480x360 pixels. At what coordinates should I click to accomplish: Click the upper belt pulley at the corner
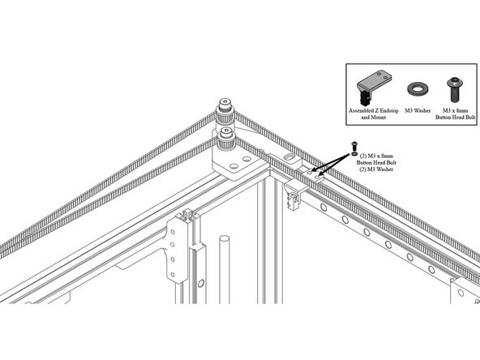click(x=225, y=114)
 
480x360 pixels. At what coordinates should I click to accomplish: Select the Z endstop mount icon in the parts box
click(x=374, y=87)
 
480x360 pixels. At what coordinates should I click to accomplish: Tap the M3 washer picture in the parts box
click(x=418, y=88)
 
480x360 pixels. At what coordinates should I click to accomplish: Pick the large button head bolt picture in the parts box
click(x=454, y=89)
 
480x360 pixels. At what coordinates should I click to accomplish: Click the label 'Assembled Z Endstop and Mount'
click(x=374, y=114)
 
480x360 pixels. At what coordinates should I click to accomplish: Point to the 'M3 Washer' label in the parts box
click(x=418, y=110)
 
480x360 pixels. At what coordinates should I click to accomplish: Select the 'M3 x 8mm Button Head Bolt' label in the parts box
click(x=456, y=114)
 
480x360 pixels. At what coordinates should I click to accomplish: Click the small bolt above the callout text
click(x=355, y=146)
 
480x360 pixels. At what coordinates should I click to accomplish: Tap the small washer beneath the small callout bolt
click(x=355, y=152)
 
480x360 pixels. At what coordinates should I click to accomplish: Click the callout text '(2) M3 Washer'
click(x=376, y=169)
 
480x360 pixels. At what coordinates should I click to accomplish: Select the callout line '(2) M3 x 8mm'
click(x=376, y=156)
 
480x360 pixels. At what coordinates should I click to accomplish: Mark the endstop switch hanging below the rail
click(x=293, y=201)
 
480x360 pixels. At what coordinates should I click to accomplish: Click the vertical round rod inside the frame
click(x=225, y=269)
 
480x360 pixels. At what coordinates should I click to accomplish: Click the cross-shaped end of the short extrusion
click(x=187, y=215)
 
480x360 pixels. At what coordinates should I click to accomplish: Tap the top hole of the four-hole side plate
click(x=173, y=232)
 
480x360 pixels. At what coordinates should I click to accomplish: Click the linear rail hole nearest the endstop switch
click(x=324, y=208)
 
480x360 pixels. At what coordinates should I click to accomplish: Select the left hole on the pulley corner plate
click(x=234, y=166)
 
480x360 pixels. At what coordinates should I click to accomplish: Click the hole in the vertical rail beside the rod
click(x=201, y=283)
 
